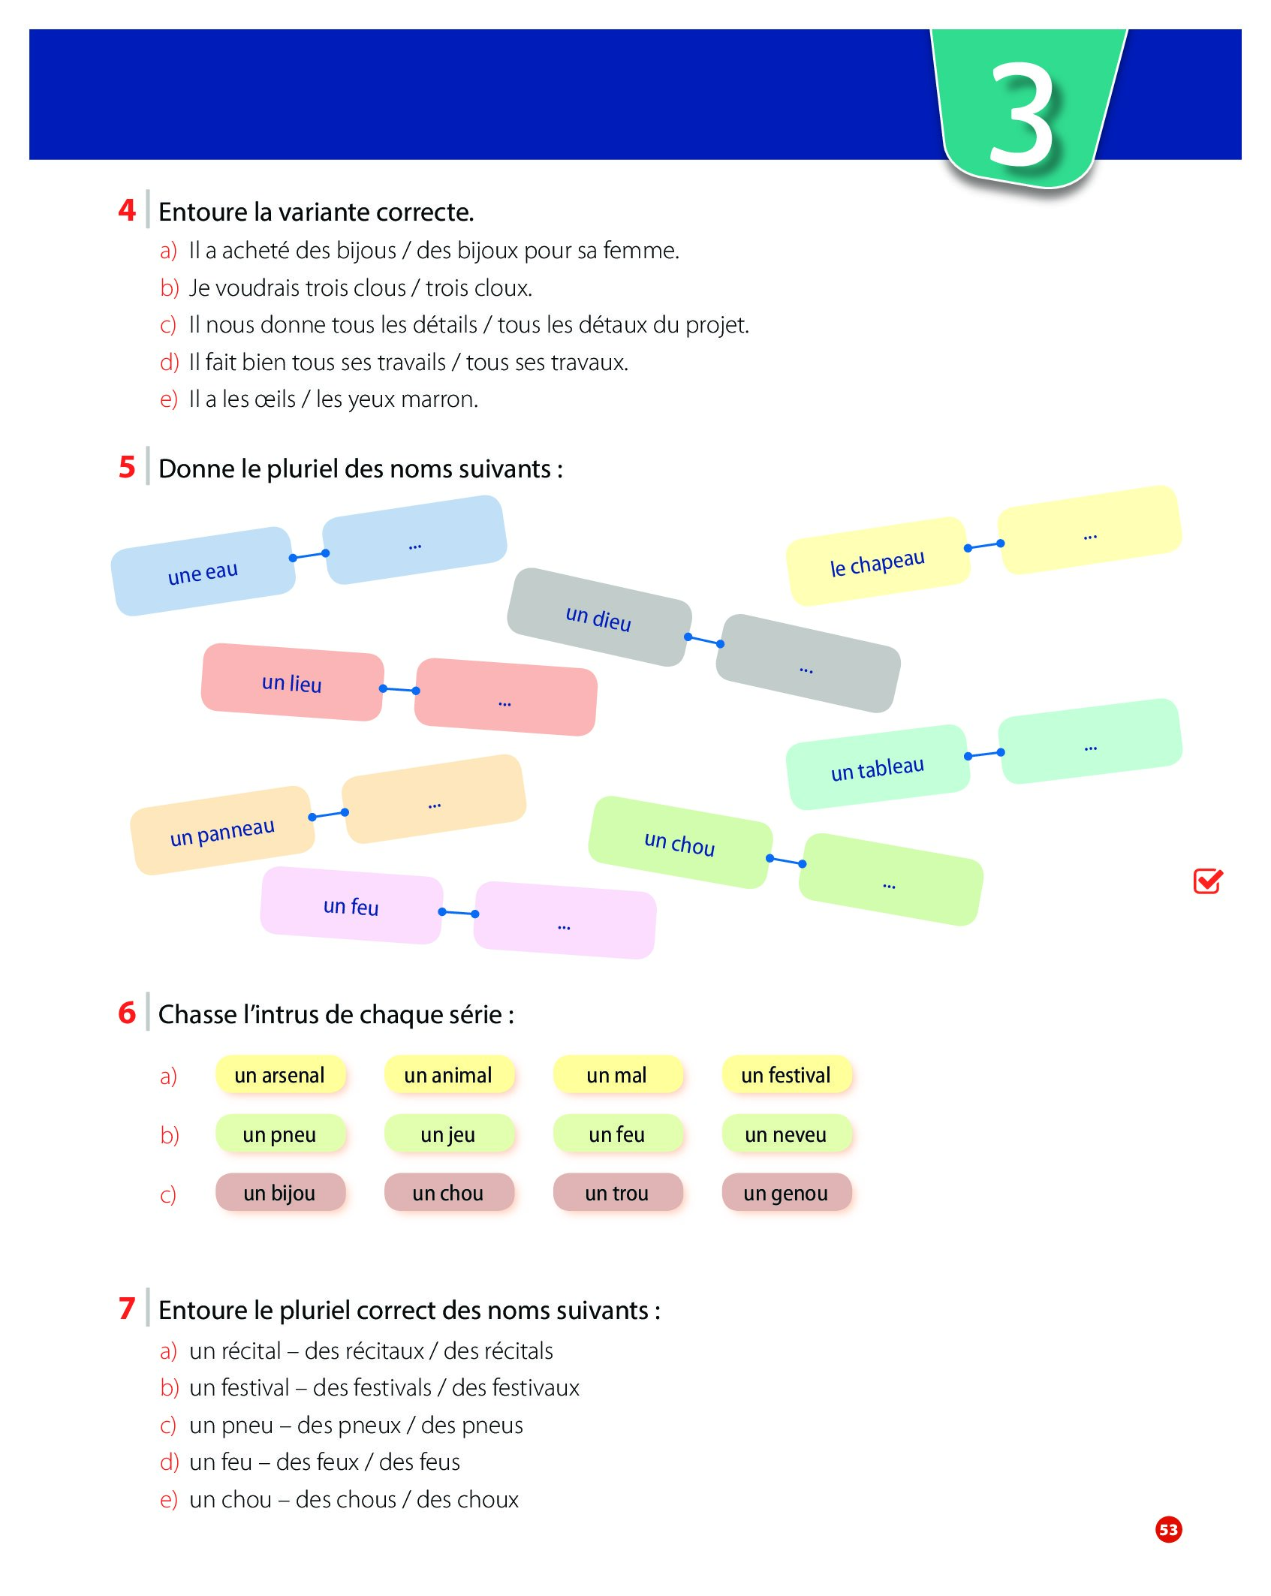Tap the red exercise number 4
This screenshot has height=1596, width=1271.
[x=127, y=210]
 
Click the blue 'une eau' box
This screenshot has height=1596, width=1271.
[x=203, y=571]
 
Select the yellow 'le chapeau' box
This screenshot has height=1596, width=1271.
[x=877, y=562]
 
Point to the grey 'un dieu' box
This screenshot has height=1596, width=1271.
[x=598, y=617]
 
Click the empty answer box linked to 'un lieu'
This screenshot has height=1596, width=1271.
[x=505, y=697]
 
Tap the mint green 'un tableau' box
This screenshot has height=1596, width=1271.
[x=877, y=768]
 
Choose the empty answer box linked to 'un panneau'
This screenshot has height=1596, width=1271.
[x=433, y=800]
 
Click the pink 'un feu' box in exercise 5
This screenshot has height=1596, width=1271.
[x=351, y=905]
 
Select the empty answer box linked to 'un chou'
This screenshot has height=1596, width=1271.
[x=890, y=880]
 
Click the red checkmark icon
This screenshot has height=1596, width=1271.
[x=1208, y=881]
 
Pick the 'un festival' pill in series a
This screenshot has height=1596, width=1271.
[x=786, y=1075]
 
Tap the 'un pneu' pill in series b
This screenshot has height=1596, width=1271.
[x=279, y=1134]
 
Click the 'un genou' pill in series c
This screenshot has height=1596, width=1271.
[x=786, y=1193]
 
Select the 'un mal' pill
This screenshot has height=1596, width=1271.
[x=617, y=1075]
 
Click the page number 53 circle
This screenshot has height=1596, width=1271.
[x=1168, y=1529]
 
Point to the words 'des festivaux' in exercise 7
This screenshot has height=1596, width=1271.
[x=516, y=1388]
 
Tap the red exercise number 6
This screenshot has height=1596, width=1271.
[x=127, y=1013]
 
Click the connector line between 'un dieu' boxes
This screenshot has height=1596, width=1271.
[x=704, y=640]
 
